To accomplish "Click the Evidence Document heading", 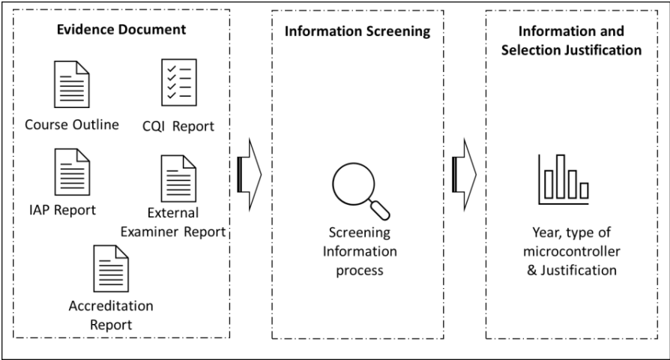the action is click(121, 29).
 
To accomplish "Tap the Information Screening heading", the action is click(357, 31).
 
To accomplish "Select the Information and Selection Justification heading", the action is click(571, 40).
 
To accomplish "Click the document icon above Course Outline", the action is click(72, 84).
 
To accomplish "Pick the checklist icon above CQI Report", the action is click(179, 82).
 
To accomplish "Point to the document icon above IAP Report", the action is click(72, 172).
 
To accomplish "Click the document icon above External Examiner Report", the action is click(178, 178).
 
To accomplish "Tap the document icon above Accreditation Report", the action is click(111, 268).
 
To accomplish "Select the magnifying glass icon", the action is click(361, 191).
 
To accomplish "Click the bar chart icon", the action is click(564, 179).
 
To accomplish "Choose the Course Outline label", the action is click(72, 124).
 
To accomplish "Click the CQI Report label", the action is click(178, 127).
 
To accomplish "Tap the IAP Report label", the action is click(62, 210).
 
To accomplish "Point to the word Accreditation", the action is click(111, 306).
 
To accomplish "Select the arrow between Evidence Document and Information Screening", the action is click(250, 175).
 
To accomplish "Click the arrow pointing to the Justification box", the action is click(465, 175).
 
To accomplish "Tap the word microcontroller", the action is click(572, 251).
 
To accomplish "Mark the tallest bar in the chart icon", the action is click(561, 176).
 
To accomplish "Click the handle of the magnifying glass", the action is click(380, 210).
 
